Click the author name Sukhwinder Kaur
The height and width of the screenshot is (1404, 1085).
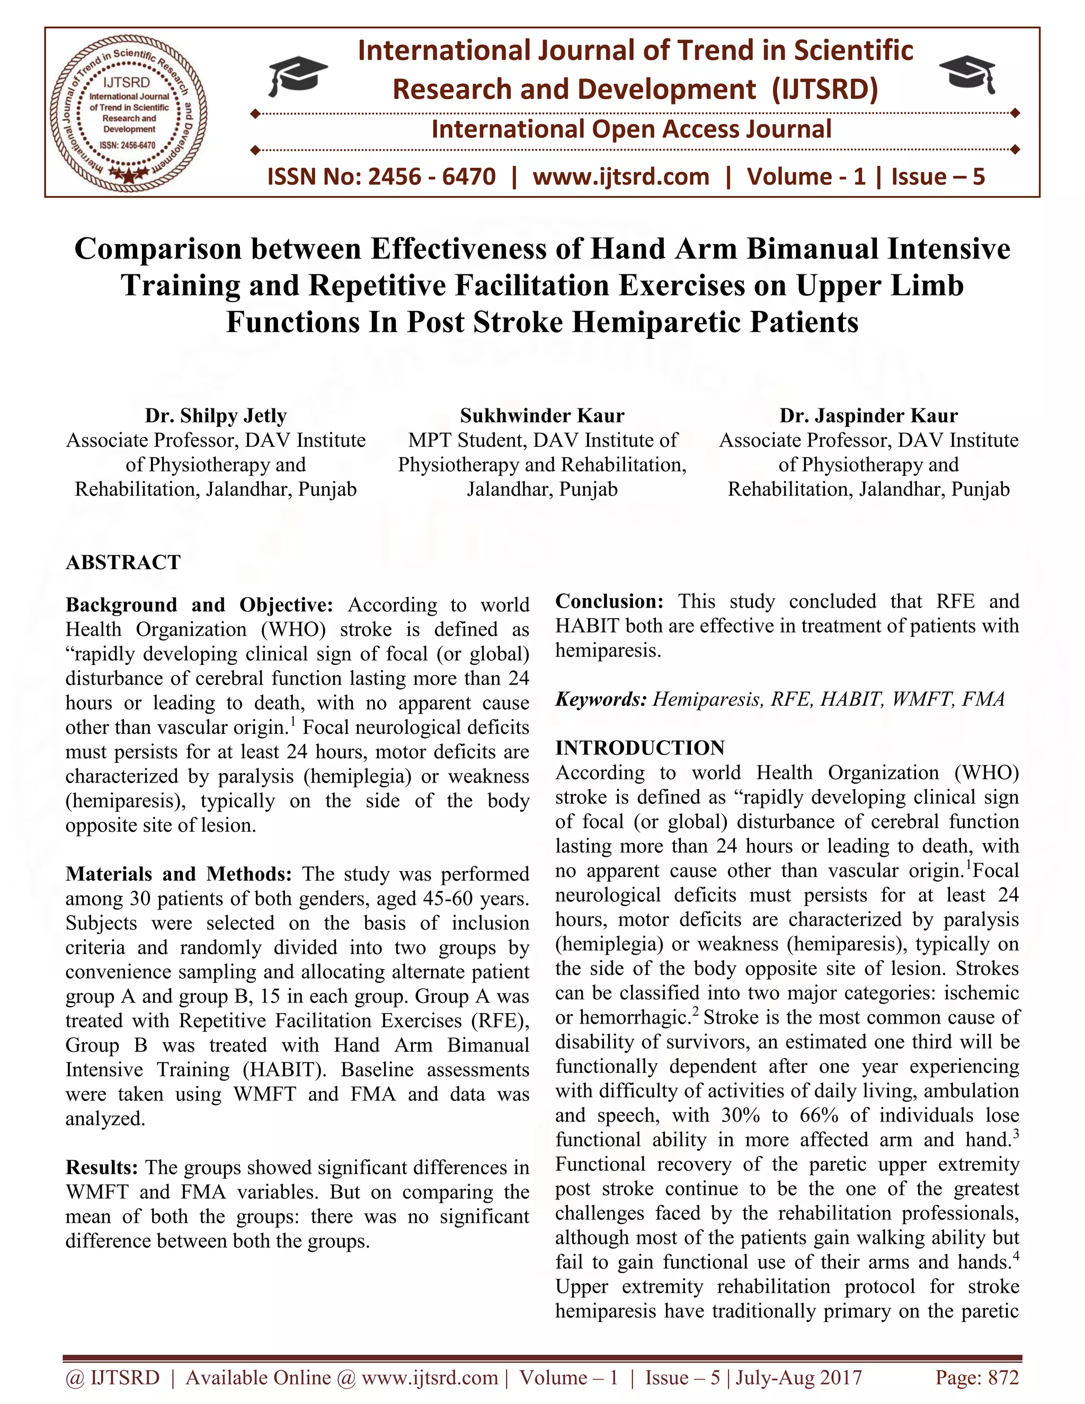pos(542,416)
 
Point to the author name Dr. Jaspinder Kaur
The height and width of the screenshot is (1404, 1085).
pos(868,416)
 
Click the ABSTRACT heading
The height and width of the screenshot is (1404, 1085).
pos(123,563)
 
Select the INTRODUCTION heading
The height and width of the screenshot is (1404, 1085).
pos(640,748)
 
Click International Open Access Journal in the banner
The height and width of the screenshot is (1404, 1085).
pos(631,129)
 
